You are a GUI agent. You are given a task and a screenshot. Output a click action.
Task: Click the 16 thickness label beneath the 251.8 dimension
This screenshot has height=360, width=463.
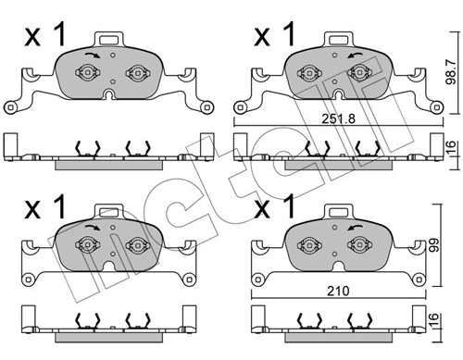[451, 148]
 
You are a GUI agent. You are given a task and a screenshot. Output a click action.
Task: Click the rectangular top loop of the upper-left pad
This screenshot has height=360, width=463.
[110, 40]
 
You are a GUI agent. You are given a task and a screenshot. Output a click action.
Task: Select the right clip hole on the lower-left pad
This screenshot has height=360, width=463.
[136, 244]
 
